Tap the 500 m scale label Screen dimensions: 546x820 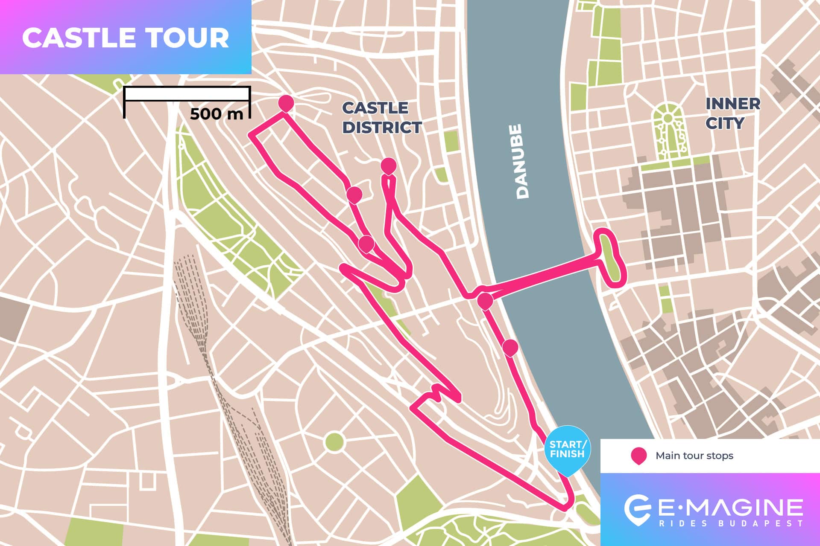[x=217, y=114]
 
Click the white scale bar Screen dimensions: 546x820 [x=187, y=94]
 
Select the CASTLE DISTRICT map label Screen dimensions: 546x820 [x=381, y=117]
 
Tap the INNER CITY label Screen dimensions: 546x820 [x=732, y=113]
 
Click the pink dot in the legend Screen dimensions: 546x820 [x=638, y=456]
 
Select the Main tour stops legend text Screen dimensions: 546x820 [x=694, y=456]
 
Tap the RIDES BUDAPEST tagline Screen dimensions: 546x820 [x=730, y=523]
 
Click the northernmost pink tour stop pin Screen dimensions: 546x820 [x=286, y=103]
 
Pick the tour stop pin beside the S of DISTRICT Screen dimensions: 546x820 [x=388, y=165]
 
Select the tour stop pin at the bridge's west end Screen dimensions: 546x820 [x=485, y=300]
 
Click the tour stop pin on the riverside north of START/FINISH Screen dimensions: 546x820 [x=510, y=347]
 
